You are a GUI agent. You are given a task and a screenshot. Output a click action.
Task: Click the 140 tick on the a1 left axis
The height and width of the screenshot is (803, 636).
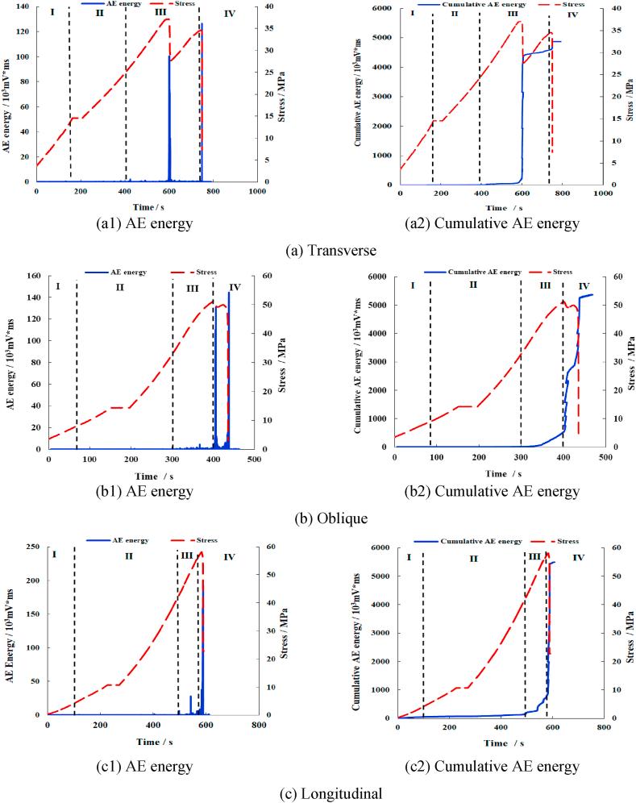click(x=25, y=6)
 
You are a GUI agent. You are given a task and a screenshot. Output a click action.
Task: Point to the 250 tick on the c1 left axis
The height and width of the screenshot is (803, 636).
click(x=34, y=547)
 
